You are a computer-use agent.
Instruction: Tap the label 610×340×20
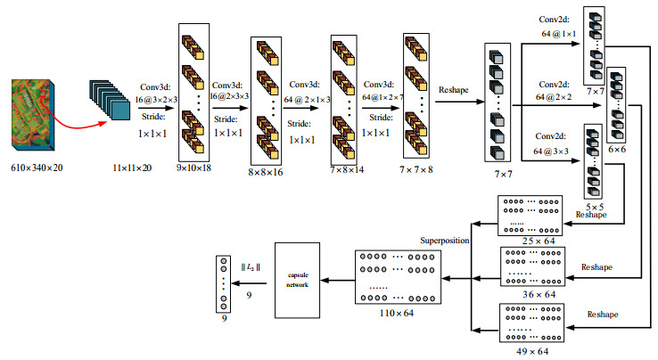37,167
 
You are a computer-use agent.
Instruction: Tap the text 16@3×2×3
158,101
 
